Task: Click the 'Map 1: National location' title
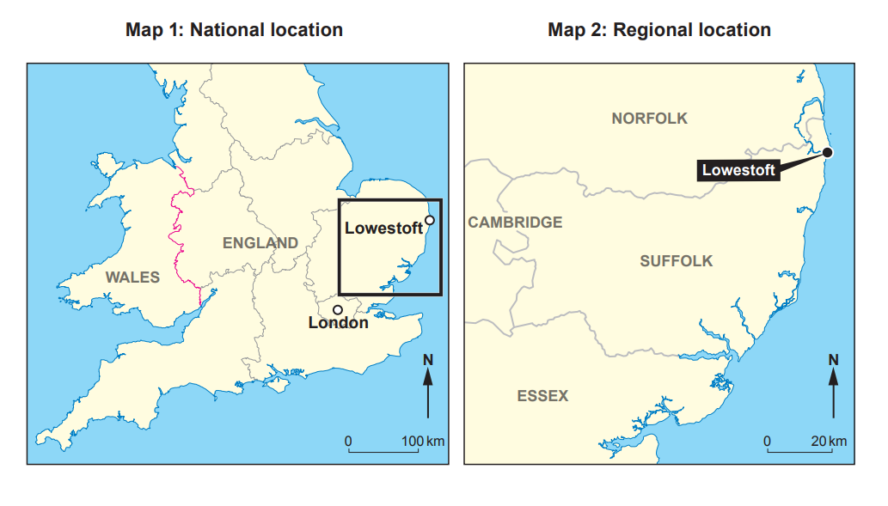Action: (x=234, y=30)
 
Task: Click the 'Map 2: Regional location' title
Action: (x=659, y=30)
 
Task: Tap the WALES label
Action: (x=132, y=277)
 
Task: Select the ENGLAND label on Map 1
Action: (x=260, y=243)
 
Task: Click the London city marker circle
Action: (x=338, y=309)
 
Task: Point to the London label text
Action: (x=338, y=324)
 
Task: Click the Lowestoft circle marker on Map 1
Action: (x=430, y=220)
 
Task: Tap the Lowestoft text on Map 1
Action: (x=383, y=229)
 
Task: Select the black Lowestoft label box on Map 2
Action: (x=738, y=170)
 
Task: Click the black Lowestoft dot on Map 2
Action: (x=827, y=152)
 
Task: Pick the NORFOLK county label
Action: (x=650, y=119)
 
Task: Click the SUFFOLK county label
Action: (x=677, y=261)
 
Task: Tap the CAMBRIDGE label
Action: (x=515, y=223)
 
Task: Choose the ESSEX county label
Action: (x=542, y=396)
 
